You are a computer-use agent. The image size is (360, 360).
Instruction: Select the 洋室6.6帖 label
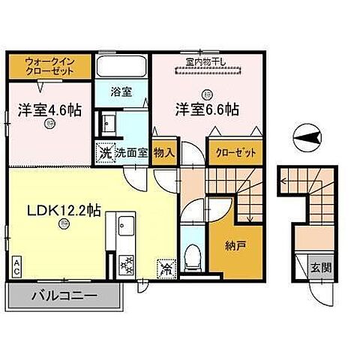(206, 109)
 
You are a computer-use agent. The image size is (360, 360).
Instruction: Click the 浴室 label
(122, 92)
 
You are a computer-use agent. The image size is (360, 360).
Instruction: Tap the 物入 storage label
(164, 152)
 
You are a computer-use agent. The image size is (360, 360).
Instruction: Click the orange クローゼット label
(236, 152)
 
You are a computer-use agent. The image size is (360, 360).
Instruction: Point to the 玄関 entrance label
(317, 267)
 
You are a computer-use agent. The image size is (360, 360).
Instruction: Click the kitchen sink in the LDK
(123, 224)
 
